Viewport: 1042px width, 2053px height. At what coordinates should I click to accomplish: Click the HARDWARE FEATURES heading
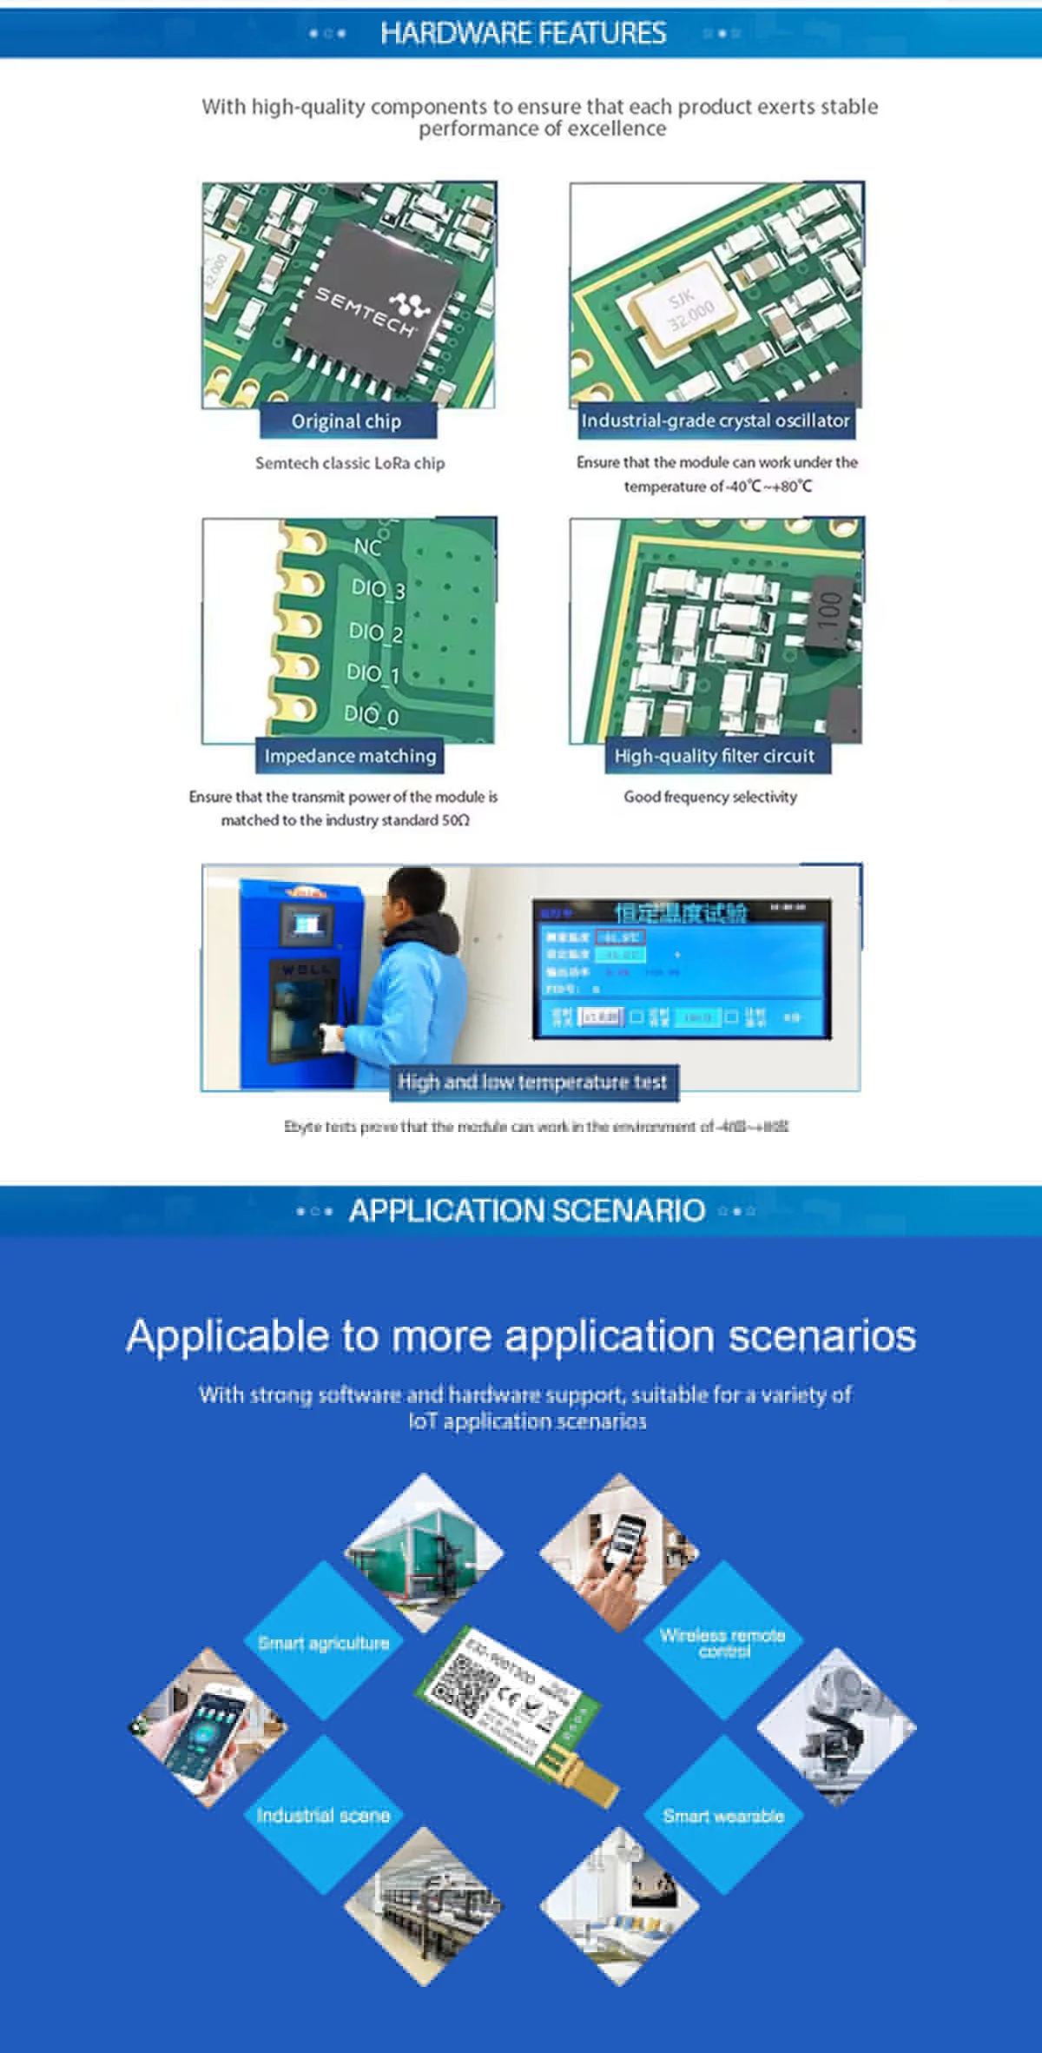523,33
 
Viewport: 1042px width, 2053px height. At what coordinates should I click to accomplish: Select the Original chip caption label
346,421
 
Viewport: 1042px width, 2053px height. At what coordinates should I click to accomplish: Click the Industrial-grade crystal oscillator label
716,421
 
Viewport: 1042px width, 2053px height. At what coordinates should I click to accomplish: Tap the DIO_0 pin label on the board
372,715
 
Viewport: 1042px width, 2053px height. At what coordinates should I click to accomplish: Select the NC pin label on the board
367,546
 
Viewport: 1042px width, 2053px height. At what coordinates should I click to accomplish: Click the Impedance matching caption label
350,756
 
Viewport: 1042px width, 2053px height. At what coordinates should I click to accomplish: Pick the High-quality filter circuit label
715,756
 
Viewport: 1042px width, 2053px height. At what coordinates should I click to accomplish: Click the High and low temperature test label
532,1083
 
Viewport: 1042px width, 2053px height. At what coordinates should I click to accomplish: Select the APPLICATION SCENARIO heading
526,1210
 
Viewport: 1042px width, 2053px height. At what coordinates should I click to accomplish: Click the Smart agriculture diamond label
324,1643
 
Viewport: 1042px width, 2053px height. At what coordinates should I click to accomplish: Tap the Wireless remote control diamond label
722,1642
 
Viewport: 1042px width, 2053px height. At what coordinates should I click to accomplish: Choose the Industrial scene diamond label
323,1815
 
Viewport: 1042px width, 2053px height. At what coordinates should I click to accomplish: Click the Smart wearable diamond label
723,1815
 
